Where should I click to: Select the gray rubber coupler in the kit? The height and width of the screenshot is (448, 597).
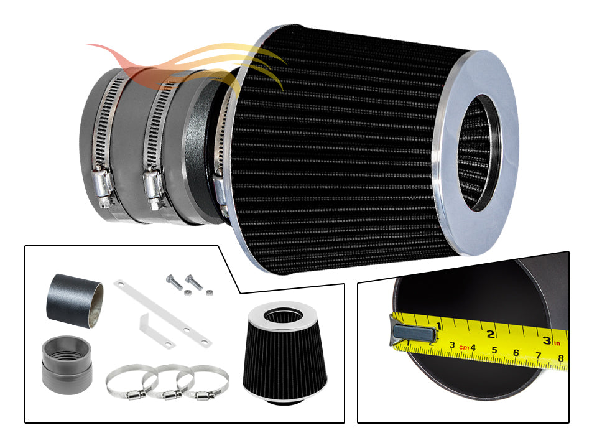pyautogui.click(x=67, y=365)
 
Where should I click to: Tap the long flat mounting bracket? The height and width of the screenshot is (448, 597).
pyautogui.click(x=162, y=314)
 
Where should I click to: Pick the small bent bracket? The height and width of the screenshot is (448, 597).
pyautogui.click(x=156, y=330)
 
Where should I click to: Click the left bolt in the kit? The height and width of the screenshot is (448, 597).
pyautogui.click(x=174, y=283)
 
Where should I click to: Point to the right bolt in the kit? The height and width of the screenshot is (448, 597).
pyautogui.click(x=193, y=282)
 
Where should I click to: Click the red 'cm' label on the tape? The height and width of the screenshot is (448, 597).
pyautogui.click(x=464, y=347)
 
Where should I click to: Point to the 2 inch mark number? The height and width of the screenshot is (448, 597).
pyautogui.click(x=491, y=334)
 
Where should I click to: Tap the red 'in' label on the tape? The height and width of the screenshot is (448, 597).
pyautogui.click(x=557, y=343)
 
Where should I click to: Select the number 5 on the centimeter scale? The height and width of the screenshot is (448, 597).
pyautogui.click(x=494, y=350)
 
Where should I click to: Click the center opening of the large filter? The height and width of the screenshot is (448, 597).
pyautogui.click(x=479, y=152)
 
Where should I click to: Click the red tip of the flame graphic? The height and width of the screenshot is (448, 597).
pyautogui.click(x=91, y=47)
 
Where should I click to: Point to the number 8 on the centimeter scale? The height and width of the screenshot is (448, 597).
pyautogui.click(x=561, y=358)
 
